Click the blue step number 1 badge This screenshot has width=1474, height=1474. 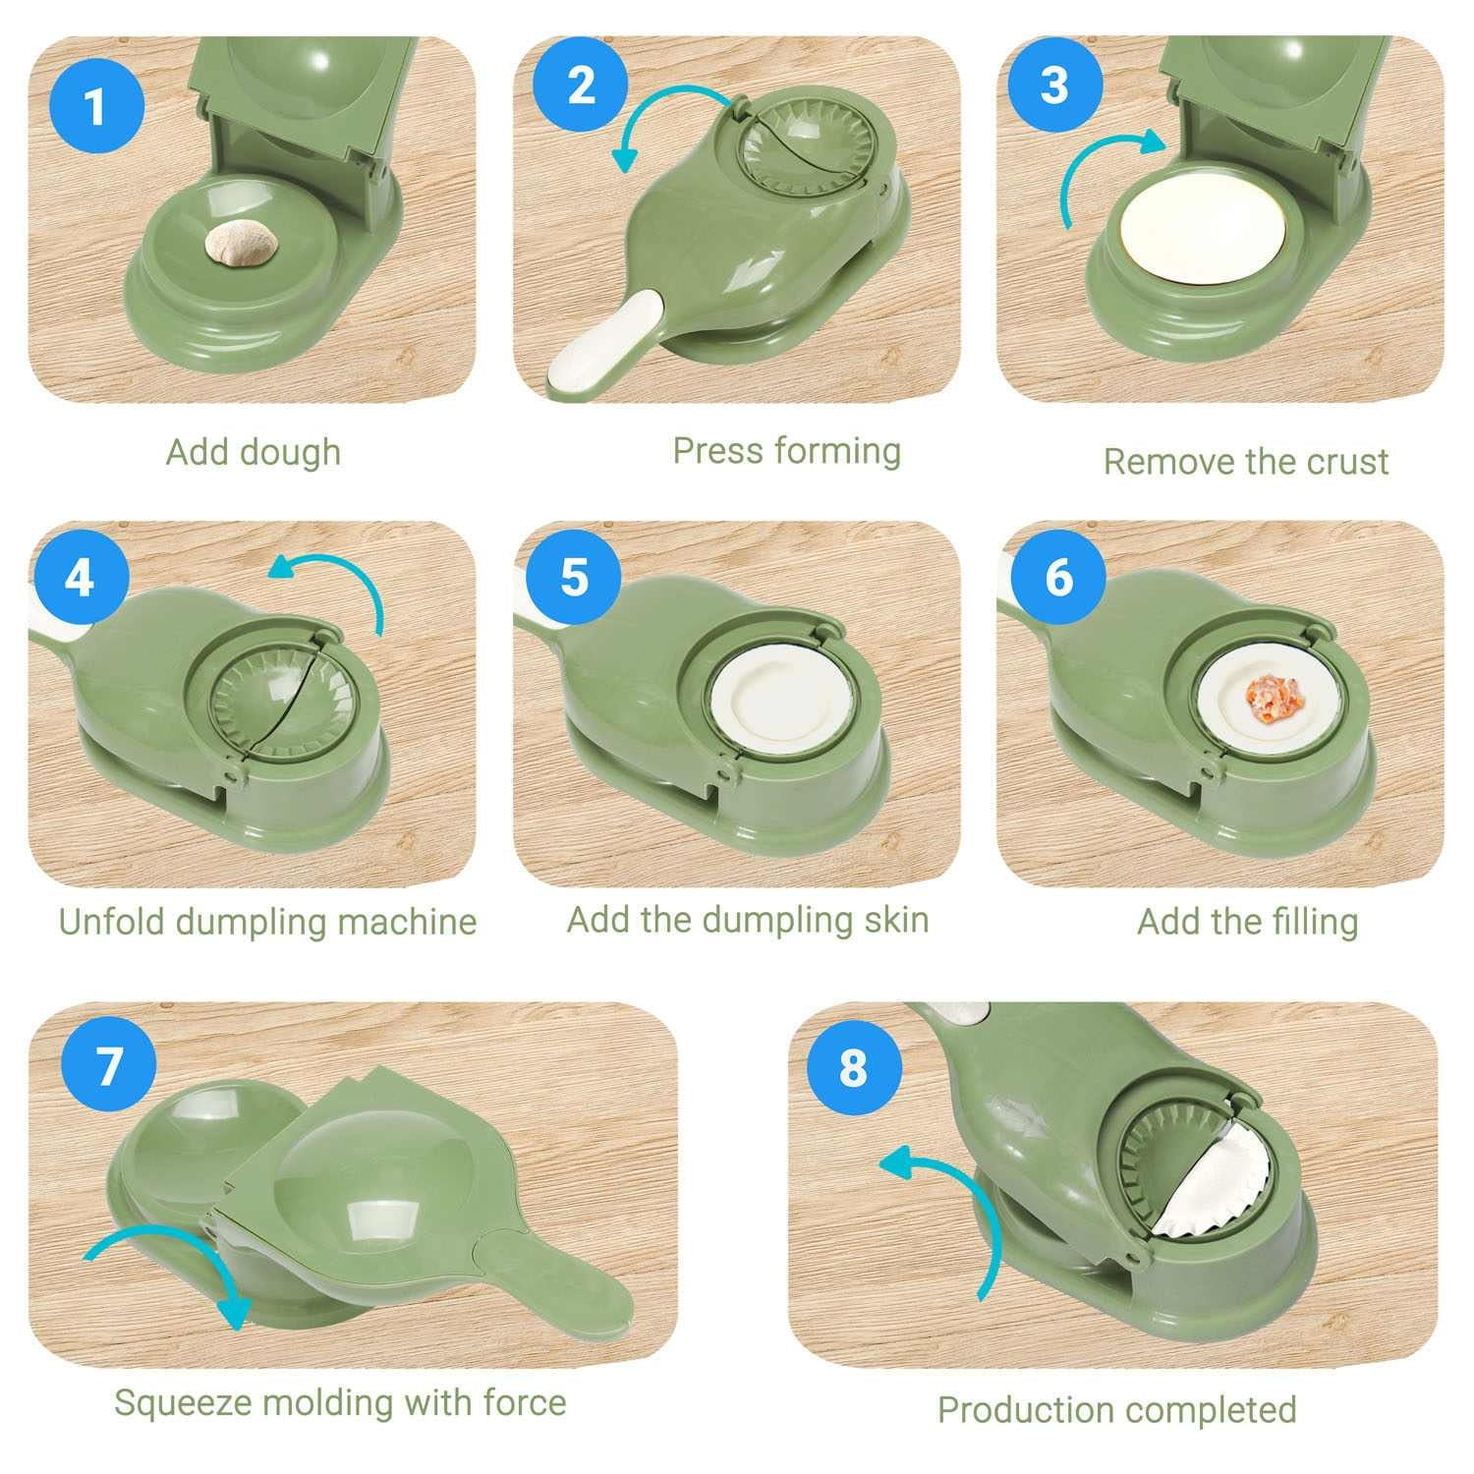[94, 105]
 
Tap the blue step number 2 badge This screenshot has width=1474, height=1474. [581, 85]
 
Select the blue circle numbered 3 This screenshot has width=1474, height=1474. [1053, 85]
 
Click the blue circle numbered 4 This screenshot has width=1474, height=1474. [80, 577]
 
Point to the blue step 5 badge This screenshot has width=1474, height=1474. [574, 577]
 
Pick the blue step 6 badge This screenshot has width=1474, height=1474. [1058, 577]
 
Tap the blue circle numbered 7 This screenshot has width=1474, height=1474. [108, 1065]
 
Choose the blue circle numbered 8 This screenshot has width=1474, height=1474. [852, 1066]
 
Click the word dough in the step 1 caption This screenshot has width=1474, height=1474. [292, 453]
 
